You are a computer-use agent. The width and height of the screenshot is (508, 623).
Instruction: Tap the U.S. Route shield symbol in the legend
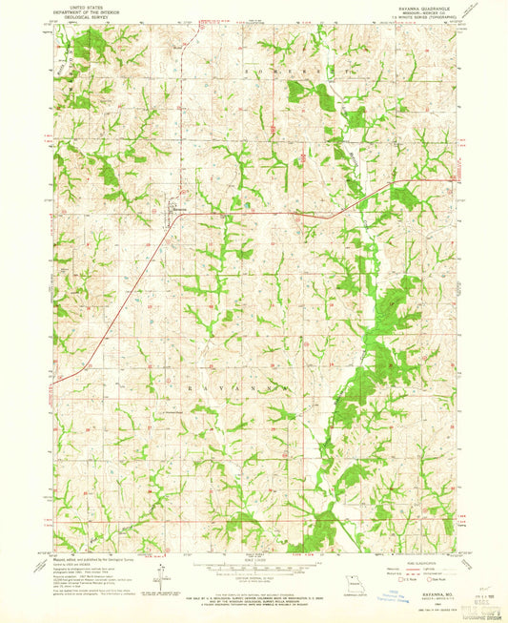coord(399,578)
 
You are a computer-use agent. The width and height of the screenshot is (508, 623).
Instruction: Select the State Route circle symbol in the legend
coord(435,578)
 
